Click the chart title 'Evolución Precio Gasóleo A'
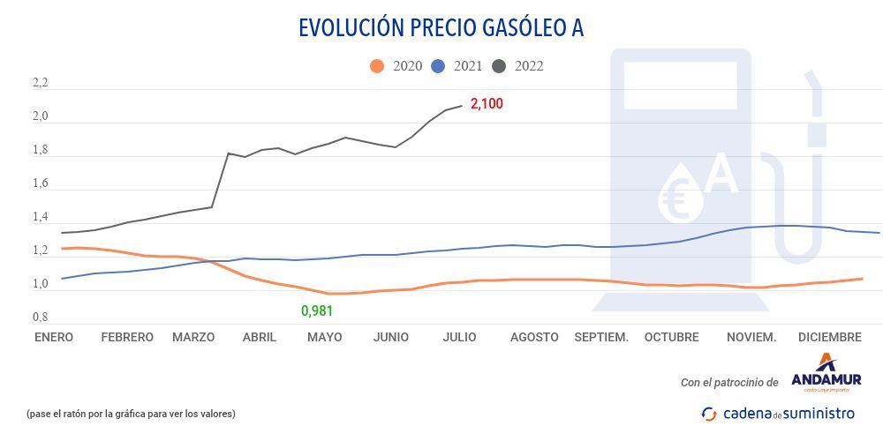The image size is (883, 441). (441, 28)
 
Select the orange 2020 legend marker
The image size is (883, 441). (378, 66)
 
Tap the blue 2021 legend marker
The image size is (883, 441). (439, 66)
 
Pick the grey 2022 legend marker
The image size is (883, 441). (500, 66)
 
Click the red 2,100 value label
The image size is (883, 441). (487, 104)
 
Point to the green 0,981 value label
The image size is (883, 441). (317, 310)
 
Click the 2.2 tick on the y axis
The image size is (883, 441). (40, 84)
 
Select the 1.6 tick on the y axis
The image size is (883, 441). (40, 184)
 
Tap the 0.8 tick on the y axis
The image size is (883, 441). (40, 317)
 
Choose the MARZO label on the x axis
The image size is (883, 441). (193, 337)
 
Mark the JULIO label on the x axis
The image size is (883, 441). (459, 337)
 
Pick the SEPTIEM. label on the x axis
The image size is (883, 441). (601, 337)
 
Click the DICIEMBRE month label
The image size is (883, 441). (829, 337)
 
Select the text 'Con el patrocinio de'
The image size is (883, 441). (729, 383)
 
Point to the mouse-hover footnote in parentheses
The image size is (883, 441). (131, 414)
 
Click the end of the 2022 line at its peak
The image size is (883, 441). (462, 105)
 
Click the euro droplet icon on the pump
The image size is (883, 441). (681, 194)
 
